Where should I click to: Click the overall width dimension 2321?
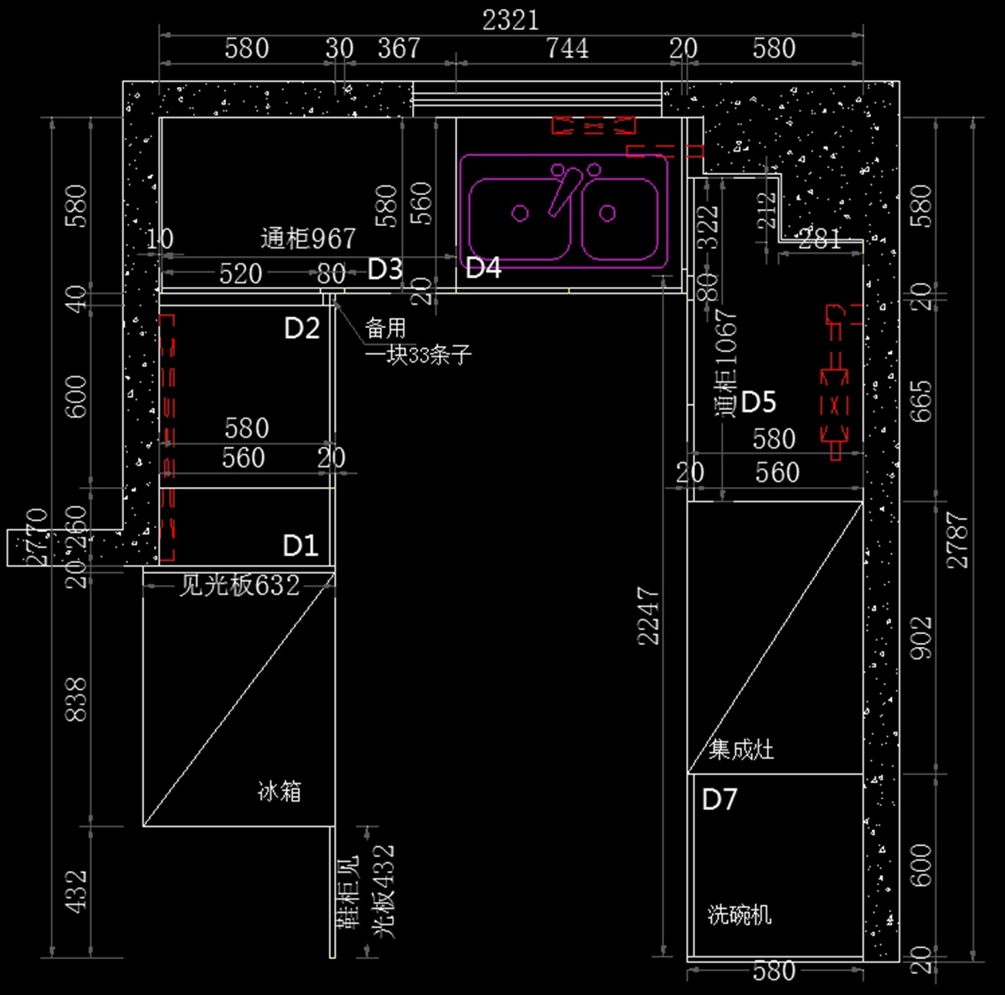pos(510,19)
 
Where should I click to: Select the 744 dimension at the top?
pos(567,49)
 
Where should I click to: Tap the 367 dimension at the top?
pos(398,48)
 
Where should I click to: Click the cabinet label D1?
pos(301,546)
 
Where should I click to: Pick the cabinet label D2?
pos(301,328)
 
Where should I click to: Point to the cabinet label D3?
pos(385,269)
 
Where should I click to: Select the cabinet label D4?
pos(483,268)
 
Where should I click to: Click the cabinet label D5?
pos(759,402)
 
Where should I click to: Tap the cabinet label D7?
pos(719,799)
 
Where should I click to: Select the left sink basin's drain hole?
pos(520,213)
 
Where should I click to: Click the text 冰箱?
pos(279,791)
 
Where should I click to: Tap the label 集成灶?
pos(741,749)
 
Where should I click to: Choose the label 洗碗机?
pos(740,915)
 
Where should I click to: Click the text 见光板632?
pos(240,585)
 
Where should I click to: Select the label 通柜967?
pos(308,239)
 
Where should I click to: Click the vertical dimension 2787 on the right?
pos(957,541)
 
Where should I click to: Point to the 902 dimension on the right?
pos(920,638)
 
